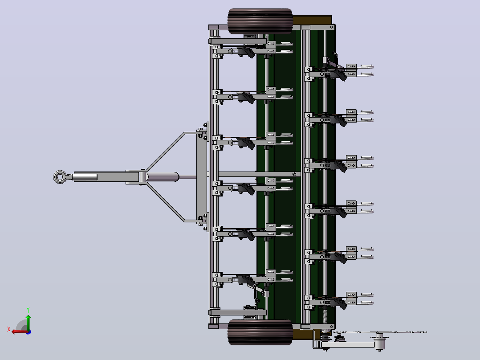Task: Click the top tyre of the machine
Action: [260, 21]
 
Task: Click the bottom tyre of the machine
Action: [260, 332]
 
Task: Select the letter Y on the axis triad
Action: [28, 310]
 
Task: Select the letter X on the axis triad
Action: [9, 329]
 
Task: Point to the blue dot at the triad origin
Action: [28, 332]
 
